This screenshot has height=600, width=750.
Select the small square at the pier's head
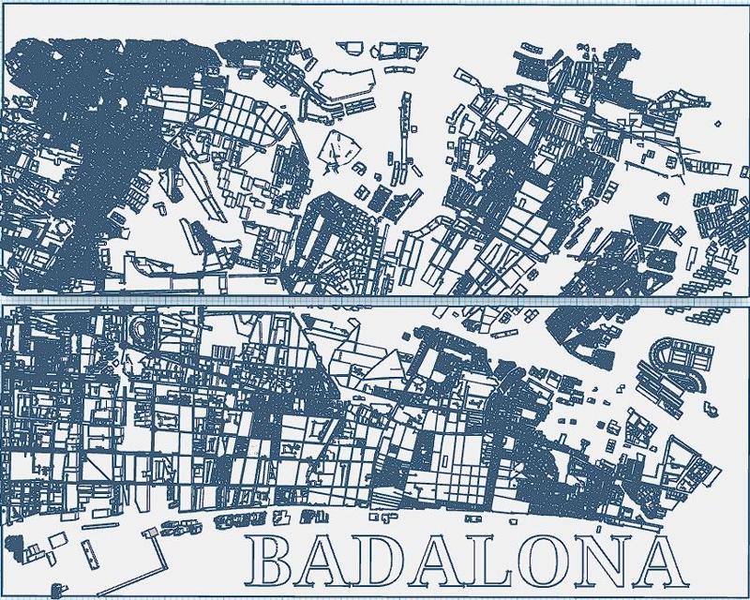[x=147, y=533]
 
